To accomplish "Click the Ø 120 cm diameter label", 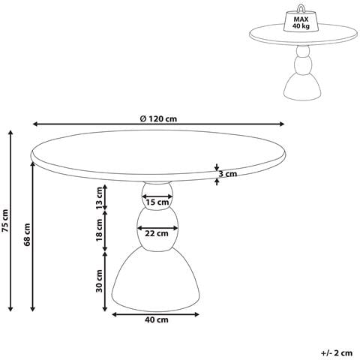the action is click(158, 118).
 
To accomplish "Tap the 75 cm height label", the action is click(5, 220).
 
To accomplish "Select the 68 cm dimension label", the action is click(27, 234).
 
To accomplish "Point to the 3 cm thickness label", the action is click(228, 174).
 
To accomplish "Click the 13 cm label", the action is click(100, 198).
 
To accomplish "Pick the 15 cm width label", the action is click(157, 202).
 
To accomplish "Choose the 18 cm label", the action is click(100, 230).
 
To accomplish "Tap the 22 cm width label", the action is click(157, 234).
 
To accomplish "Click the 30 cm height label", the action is click(100, 280).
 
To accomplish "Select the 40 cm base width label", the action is click(157, 319).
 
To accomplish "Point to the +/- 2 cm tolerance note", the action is click(337, 352).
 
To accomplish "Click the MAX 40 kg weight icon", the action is click(301, 21).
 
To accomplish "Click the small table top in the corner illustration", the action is click(304, 34).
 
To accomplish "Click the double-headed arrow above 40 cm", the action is click(155, 314).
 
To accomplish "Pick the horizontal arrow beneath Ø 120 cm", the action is click(159, 124).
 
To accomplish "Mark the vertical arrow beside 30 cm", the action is click(105, 281).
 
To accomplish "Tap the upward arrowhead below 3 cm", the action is click(217, 182).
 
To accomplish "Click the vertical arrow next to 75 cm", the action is click(10, 220).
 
